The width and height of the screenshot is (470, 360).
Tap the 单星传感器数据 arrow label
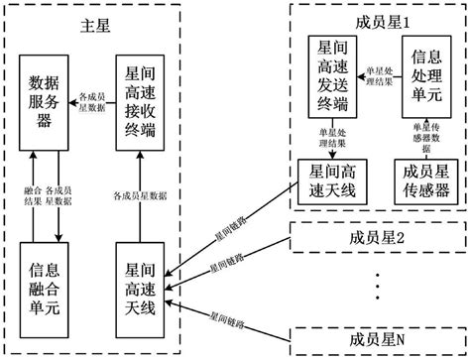click(x=424, y=134)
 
